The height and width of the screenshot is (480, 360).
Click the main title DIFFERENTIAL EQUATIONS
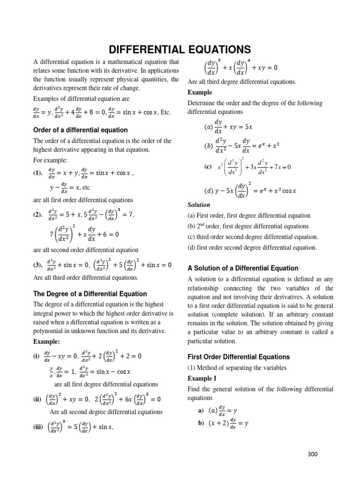[x=180, y=49]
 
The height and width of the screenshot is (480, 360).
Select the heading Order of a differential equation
[x=81, y=130]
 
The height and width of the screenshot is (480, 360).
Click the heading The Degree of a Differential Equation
[x=90, y=294]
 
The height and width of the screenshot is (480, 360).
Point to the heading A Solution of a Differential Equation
[x=243, y=268]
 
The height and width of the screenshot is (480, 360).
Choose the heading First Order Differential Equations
[x=239, y=357]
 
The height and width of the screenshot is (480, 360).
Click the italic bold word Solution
[x=199, y=205]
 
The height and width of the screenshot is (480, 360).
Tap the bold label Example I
[x=203, y=378]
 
